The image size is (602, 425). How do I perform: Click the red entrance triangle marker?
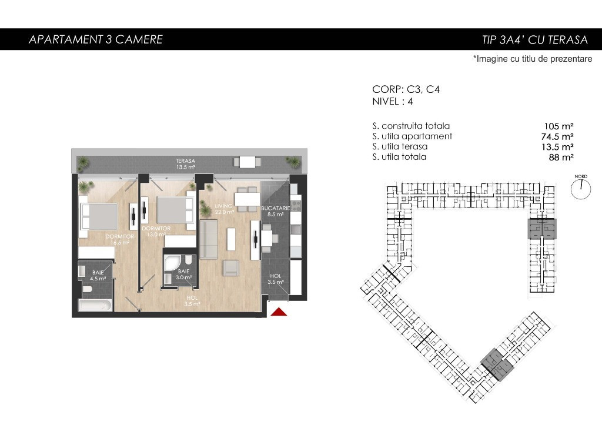tap(279, 312)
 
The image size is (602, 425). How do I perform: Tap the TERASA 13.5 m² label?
tap(186, 164)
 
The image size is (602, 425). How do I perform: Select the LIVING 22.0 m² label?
tap(224, 209)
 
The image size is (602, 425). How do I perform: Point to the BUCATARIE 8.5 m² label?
tap(275, 211)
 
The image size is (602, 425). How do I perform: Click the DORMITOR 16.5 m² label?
tap(120, 240)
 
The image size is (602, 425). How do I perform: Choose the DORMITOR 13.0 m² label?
tap(156, 231)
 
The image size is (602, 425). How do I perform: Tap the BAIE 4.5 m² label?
tap(98, 276)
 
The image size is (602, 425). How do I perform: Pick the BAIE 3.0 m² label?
tap(184, 274)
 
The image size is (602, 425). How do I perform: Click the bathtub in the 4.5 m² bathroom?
tap(96, 306)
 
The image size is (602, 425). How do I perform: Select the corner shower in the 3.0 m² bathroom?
tap(170, 264)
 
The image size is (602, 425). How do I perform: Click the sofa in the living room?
tap(209, 239)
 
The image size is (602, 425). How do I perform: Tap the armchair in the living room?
tap(232, 267)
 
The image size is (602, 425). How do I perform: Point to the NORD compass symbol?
tap(580, 188)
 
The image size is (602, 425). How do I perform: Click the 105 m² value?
tap(558, 126)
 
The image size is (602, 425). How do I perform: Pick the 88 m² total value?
tap(561, 157)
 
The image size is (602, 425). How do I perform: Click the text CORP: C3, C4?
tap(406, 89)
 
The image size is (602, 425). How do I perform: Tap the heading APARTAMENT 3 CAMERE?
tap(96, 39)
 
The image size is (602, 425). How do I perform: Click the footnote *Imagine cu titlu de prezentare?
tap(533, 59)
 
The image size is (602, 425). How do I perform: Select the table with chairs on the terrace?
tap(245, 162)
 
